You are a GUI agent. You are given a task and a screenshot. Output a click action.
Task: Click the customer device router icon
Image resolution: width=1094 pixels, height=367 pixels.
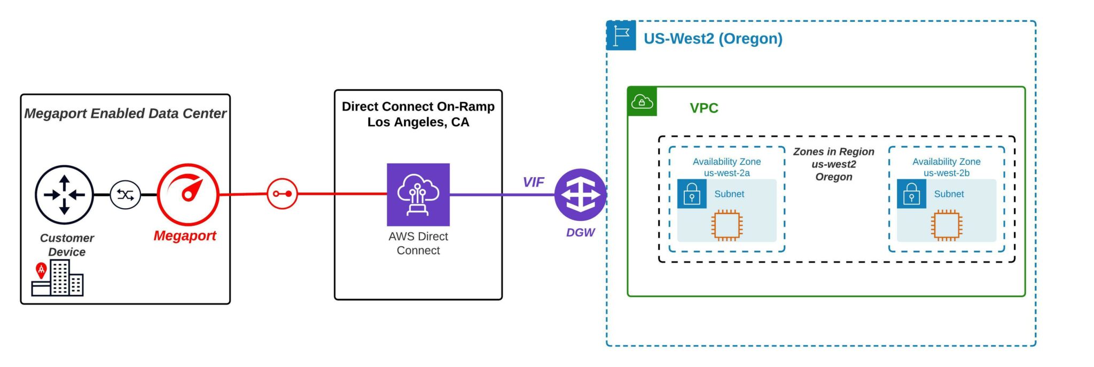pos(64,195)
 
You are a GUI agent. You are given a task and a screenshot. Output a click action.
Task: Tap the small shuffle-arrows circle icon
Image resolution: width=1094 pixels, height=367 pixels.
pos(126,195)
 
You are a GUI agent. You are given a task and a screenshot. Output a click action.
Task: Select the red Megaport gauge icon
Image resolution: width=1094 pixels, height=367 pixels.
pos(187,194)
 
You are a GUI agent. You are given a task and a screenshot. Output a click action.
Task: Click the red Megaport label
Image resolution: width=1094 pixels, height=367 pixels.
pos(185,236)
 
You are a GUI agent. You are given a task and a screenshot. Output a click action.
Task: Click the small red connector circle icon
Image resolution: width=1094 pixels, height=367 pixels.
pos(282,194)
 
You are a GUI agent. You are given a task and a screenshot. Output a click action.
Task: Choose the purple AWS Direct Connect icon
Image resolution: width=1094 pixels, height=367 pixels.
pos(418,194)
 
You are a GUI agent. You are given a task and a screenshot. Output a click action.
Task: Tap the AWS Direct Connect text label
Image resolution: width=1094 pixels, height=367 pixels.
pos(418,243)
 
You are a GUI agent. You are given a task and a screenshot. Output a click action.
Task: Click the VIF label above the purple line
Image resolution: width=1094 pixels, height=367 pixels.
pos(533,182)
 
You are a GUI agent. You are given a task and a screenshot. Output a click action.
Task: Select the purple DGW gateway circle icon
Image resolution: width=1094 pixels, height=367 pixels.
pos(580,195)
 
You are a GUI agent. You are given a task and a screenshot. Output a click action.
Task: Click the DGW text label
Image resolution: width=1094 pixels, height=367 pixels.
pos(580,233)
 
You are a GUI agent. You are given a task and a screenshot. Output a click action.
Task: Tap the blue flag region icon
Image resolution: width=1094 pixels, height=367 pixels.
pos(621,36)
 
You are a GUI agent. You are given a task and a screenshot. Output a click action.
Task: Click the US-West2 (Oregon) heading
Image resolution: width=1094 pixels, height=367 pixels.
pos(713,39)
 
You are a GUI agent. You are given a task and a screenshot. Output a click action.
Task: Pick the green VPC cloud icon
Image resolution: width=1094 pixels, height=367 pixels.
pos(642,101)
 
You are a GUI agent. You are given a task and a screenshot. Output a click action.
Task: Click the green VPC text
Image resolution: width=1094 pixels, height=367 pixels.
pos(704,108)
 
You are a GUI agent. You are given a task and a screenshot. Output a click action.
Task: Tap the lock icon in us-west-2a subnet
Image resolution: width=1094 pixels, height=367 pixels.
pos(692,194)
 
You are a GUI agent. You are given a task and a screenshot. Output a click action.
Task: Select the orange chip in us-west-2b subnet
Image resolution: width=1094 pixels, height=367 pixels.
pos(946,225)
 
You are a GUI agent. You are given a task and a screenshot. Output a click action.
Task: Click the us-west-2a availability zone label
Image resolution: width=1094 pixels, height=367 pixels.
pos(726,167)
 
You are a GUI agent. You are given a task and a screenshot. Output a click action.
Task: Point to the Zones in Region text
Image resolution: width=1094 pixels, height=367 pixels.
pos(833,164)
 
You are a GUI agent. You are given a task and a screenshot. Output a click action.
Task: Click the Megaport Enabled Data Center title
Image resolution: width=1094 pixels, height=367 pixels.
pos(125,113)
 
